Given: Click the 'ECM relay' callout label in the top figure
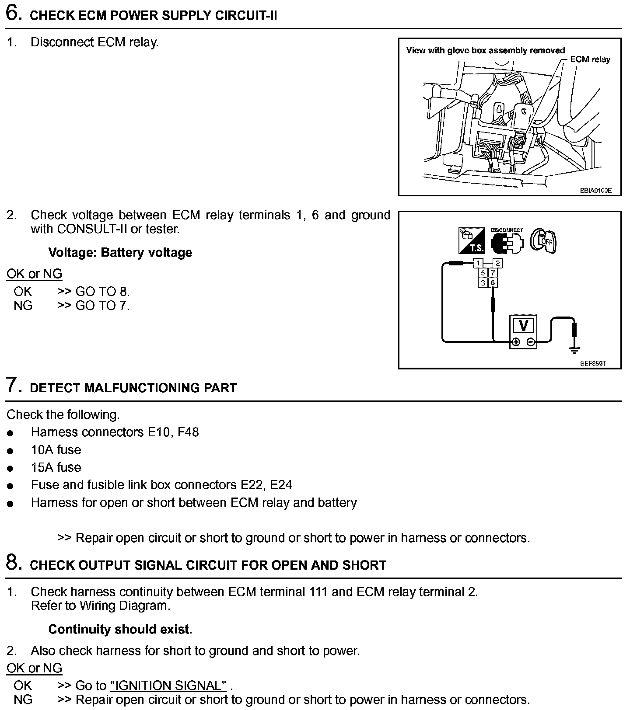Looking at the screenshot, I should [590, 59].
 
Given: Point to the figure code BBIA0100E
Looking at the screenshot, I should [595, 191].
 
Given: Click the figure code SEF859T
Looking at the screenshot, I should [593, 363].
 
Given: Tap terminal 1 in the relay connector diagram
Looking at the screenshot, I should [478, 263].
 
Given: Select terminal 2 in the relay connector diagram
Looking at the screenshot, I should [497, 263].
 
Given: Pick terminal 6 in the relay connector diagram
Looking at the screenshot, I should [493, 282].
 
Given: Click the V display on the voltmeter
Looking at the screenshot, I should [523, 326].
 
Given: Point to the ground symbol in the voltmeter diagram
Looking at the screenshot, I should [574, 349].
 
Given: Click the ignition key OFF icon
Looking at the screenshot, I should [543, 240].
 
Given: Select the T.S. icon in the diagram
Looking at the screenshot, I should [472, 241].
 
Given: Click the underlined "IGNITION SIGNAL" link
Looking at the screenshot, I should [168, 686].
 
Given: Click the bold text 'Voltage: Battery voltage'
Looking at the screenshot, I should [120, 253].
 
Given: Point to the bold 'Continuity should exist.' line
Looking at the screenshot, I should [120, 630].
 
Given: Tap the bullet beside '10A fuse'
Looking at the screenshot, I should [10, 451].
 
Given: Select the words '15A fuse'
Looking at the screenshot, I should [56, 467].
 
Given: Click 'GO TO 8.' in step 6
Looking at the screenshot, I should [102, 292].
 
